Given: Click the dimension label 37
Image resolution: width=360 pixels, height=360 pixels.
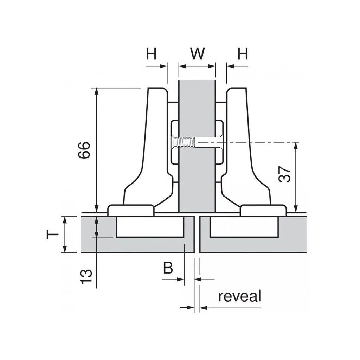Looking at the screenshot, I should click(285, 174).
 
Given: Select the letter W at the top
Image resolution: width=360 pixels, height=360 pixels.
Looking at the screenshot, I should click(197, 54).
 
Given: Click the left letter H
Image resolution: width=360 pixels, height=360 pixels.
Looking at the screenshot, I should click(151, 54).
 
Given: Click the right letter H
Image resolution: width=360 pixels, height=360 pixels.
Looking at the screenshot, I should click(242, 54).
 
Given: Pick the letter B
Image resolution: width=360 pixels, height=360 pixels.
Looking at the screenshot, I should click(168, 268).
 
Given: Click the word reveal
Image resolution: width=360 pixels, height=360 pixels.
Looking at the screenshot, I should click(240, 297).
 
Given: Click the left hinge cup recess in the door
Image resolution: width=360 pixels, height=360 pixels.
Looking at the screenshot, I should click(150, 228).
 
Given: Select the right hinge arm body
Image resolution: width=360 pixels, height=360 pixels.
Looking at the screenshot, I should click(246, 158).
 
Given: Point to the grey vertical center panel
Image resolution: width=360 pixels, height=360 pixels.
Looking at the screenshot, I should click(197, 176).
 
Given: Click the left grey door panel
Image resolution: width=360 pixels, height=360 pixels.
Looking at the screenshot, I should click(102, 239).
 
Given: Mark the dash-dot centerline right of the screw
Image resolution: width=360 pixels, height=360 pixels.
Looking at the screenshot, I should click(260, 142).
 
